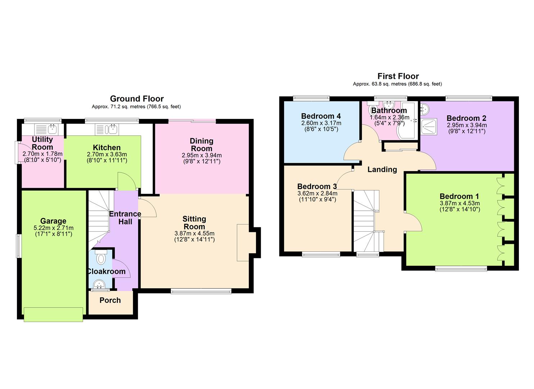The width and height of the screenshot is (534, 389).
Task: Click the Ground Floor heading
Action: (137, 99)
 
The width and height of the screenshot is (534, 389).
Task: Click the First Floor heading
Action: (398, 76)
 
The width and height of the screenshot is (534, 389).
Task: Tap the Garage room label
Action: (53, 221)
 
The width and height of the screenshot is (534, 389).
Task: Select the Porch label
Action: (110, 300)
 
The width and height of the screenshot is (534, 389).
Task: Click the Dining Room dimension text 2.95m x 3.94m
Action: (201, 155)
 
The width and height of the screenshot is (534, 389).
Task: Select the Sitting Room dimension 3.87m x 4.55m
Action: (194, 233)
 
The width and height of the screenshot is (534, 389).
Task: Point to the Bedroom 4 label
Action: (321, 116)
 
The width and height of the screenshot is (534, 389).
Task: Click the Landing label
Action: (382, 170)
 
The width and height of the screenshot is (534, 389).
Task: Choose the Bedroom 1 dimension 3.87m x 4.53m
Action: (460, 203)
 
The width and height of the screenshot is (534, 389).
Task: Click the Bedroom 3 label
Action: (317, 187)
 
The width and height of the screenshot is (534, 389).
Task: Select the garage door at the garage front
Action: (53, 314)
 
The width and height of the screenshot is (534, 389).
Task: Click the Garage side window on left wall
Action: (18, 246)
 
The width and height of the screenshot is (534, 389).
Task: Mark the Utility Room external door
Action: (17, 152)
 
